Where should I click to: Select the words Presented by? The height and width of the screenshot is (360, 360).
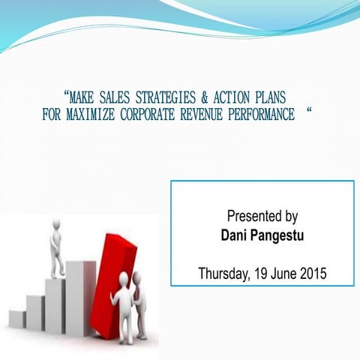[262, 216]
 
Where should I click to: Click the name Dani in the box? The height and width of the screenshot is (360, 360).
[234, 235]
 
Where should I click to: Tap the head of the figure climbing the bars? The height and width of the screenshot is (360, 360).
[55, 226]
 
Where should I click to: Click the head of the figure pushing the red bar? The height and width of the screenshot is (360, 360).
[124, 279]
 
